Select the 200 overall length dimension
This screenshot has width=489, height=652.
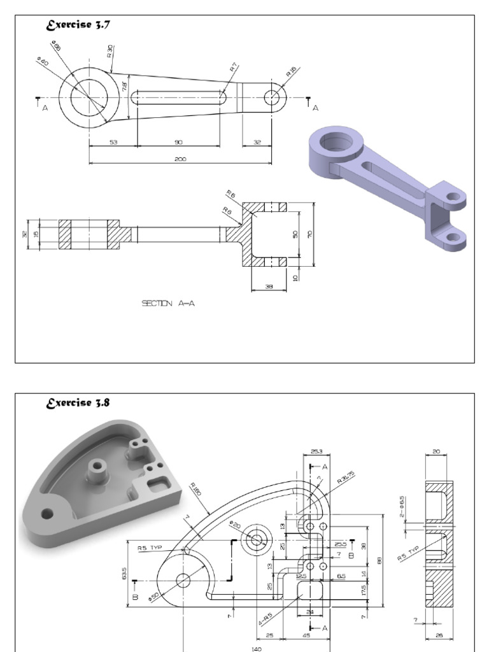(180, 159)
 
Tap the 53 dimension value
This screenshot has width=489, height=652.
(113, 142)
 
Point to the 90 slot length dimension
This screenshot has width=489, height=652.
(178, 142)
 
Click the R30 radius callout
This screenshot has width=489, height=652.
(110, 51)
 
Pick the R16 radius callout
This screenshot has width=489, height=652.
(291, 72)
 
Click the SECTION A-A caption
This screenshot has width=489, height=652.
(168, 304)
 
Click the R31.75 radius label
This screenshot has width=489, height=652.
(345, 478)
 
